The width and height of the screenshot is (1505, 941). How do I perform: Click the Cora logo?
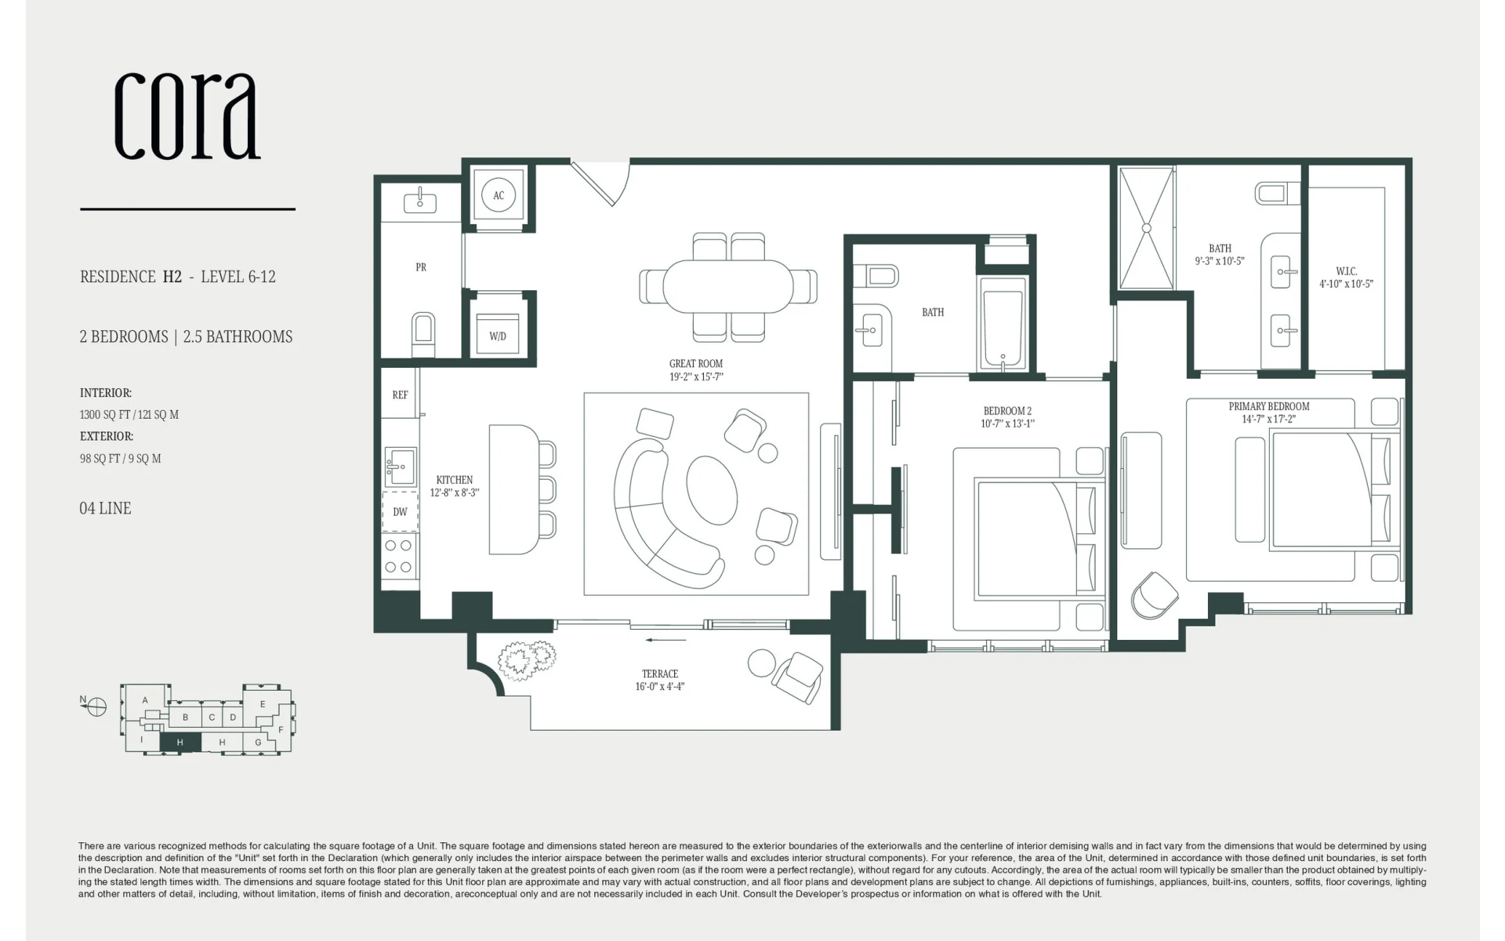[187, 116]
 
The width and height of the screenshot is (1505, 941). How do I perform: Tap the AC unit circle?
[499, 195]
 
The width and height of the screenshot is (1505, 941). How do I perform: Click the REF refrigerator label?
[400, 395]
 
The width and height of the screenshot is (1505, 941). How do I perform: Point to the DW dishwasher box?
[400, 511]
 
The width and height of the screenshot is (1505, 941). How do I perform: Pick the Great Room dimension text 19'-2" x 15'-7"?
[696, 377]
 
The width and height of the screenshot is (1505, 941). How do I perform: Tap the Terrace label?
[660, 674]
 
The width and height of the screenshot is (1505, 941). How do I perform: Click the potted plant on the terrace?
[528, 659]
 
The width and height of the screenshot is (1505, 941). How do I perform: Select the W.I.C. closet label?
[1347, 271]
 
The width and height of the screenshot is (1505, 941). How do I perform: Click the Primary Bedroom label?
[1269, 406]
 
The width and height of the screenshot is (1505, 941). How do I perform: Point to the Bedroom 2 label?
[1007, 411]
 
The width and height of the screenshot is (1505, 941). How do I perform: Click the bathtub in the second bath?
[1003, 323]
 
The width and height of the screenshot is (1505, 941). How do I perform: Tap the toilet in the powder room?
[422, 334]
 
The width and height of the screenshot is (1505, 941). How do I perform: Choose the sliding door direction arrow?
[666, 640]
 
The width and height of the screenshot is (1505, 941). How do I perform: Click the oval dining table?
[728, 285]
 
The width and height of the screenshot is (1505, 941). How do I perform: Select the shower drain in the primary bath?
[1146, 228]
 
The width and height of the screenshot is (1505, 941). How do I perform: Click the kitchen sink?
[400, 467]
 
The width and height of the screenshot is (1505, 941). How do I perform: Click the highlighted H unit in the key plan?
[180, 742]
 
